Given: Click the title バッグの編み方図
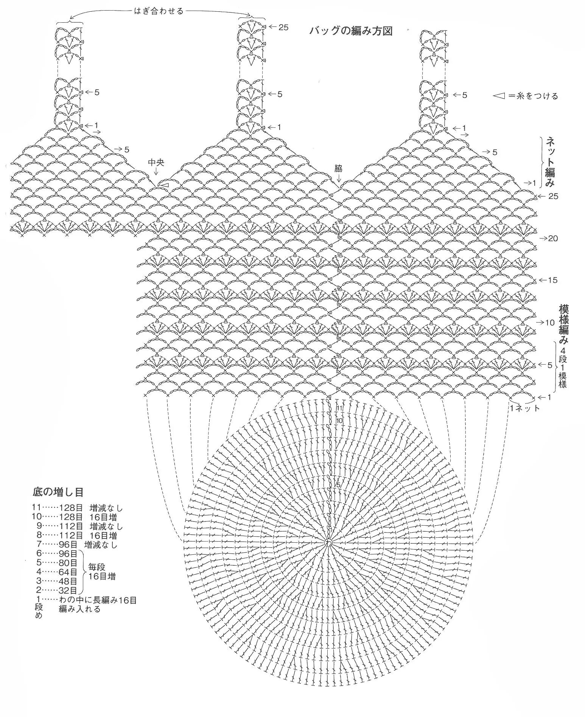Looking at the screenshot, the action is click(x=350, y=31).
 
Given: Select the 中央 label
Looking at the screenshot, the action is click(x=156, y=163).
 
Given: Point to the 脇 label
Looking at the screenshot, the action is click(x=338, y=168).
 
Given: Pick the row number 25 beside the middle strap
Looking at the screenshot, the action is click(x=283, y=27).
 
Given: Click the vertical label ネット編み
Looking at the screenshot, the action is click(x=549, y=162).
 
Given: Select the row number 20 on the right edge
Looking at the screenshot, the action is click(x=553, y=238).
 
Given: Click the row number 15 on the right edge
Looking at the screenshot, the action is click(x=553, y=280).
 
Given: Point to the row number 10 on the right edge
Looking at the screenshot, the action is click(x=550, y=323).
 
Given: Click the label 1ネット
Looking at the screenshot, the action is click(x=525, y=408).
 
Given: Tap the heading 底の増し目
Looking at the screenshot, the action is click(x=58, y=492).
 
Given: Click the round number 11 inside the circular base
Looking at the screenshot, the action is click(x=339, y=408).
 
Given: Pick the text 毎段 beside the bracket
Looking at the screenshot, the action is click(x=96, y=567).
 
